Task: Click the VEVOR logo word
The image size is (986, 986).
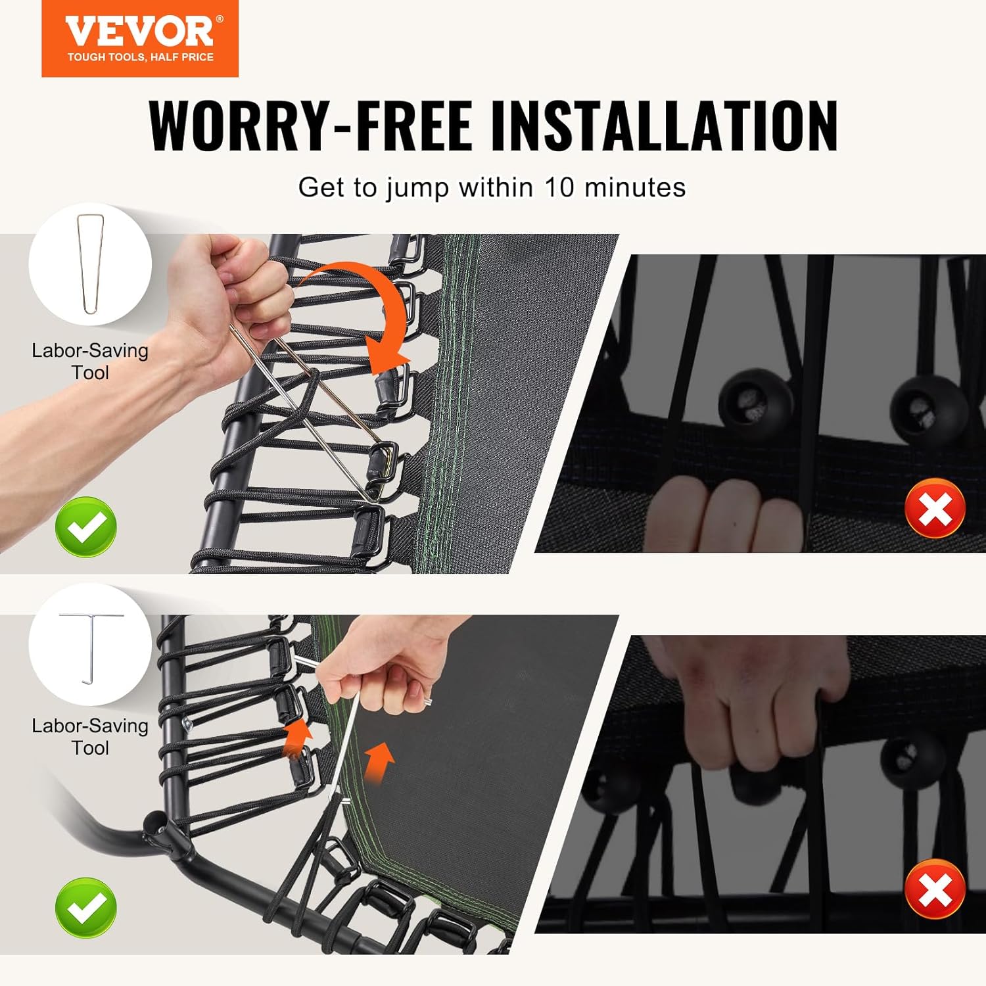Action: [140, 30]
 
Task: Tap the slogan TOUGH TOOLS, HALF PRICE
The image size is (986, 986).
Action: [141, 57]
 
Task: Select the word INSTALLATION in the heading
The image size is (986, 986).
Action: [664, 125]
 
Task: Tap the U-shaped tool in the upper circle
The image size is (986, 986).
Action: [90, 264]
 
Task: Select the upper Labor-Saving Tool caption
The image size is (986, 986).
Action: [90, 361]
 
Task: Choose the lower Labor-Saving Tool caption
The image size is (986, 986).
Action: [90, 736]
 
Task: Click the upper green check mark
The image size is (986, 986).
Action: [86, 527]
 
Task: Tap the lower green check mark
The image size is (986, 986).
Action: [86, 908]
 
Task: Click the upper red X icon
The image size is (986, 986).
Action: [935, 508]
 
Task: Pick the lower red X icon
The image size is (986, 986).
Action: [935, 889]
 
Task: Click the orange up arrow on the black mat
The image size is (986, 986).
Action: [380, 763]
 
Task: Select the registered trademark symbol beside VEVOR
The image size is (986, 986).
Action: [220, 19]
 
